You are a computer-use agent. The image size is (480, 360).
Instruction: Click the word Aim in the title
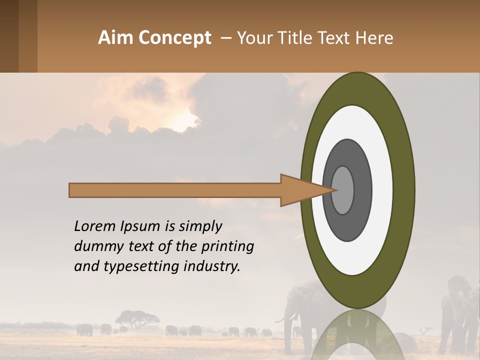coord(115,38)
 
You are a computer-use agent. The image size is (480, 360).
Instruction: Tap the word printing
coord(227,246)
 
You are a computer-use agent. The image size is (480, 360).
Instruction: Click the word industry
coord(212,266)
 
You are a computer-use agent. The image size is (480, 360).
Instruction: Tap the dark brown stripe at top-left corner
coord(9,36)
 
